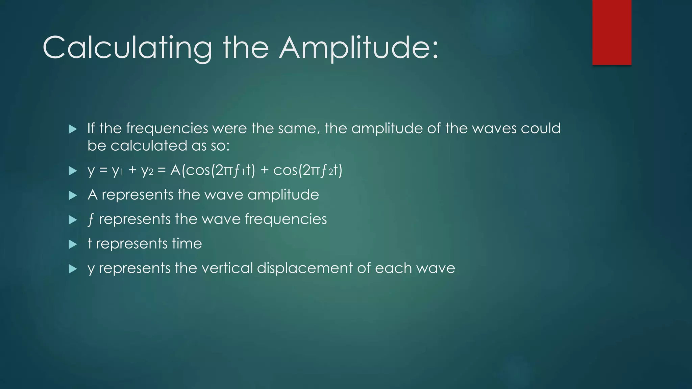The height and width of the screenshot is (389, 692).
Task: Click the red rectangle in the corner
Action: (612, 32)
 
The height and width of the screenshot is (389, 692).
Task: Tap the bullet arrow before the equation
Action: (73, 171)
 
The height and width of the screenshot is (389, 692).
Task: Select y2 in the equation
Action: (147, 171)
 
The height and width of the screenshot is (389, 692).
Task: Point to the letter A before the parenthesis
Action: (175, 170)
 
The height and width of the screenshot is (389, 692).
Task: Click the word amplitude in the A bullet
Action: (283, 195)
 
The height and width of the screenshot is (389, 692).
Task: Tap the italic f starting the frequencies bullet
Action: (91, 219)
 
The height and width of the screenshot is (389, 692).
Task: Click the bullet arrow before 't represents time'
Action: (73, 244)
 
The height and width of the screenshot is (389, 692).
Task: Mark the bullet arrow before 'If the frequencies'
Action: (73, 129)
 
